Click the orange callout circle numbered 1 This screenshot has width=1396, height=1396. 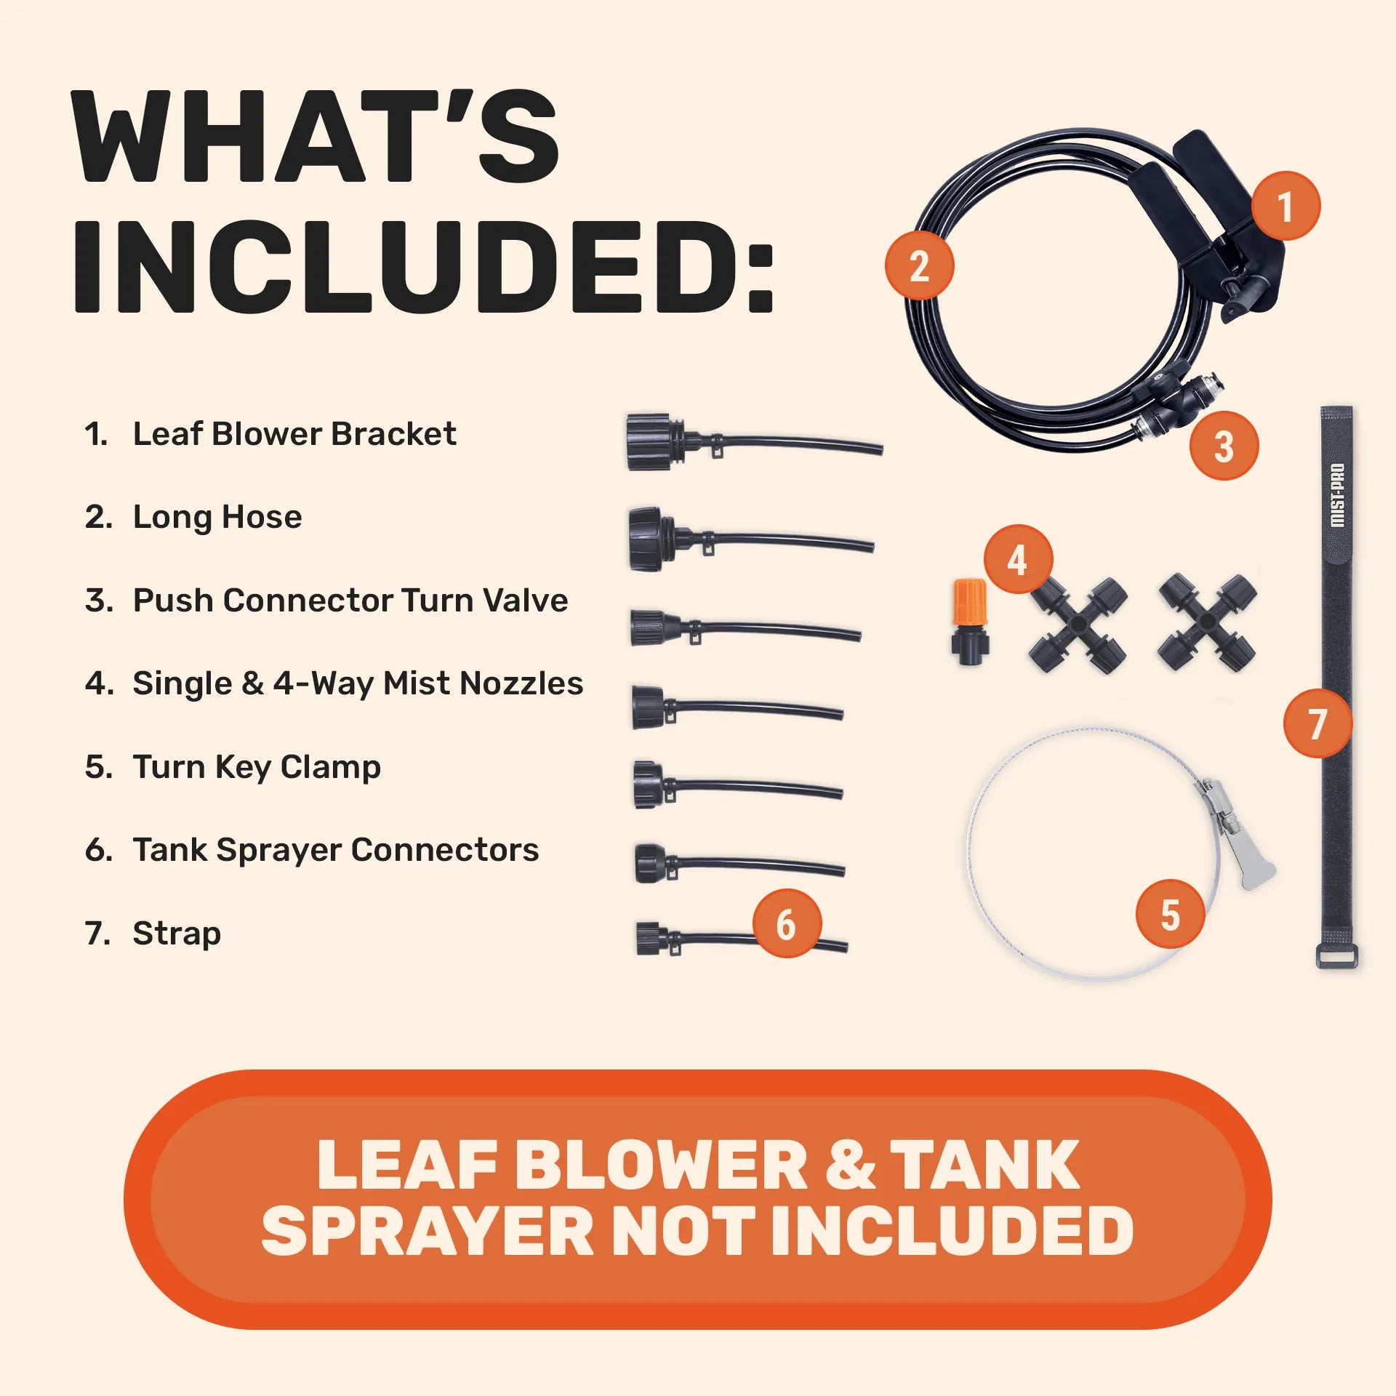(x=1285, y=206)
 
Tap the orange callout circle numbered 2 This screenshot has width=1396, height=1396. (x=919, y=265)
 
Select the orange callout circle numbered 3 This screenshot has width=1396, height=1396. (x=1224, y=446)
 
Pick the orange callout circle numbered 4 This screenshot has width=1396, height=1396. (x=1018, y=559)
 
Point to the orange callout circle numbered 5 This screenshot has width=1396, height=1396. (x=1170, y=914)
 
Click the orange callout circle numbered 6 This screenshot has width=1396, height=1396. (x=787, y=923)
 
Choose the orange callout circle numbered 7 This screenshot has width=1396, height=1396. (x=1317, y=723)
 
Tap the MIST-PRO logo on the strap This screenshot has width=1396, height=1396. (x=1336, y=495)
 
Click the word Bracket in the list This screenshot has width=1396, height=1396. (x=393, y=434)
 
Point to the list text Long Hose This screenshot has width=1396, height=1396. (x=217, y=517)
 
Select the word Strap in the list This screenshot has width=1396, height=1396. (x=177, y=934)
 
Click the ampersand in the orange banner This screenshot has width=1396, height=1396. (x=849, y=1166)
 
